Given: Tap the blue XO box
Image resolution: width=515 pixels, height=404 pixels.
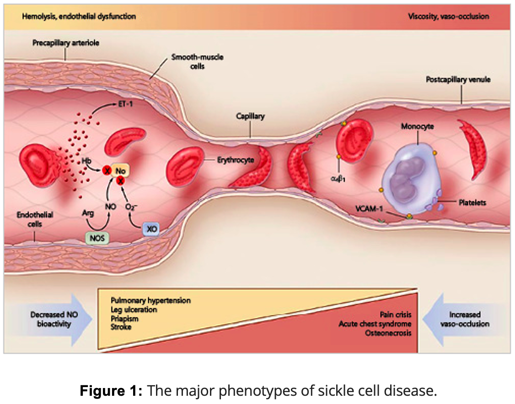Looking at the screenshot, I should (150, 228).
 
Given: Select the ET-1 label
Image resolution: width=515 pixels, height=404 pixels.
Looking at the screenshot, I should (122, 105).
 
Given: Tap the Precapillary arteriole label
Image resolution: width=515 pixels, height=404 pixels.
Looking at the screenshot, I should (66, 43).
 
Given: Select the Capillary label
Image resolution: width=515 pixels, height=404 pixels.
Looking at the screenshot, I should (250, 117).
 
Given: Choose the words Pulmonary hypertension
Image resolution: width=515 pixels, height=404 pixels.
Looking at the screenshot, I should (150, 300).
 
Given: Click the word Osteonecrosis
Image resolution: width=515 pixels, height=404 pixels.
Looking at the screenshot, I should (388, 333).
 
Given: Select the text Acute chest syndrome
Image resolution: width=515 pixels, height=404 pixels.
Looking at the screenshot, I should (375, 324).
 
